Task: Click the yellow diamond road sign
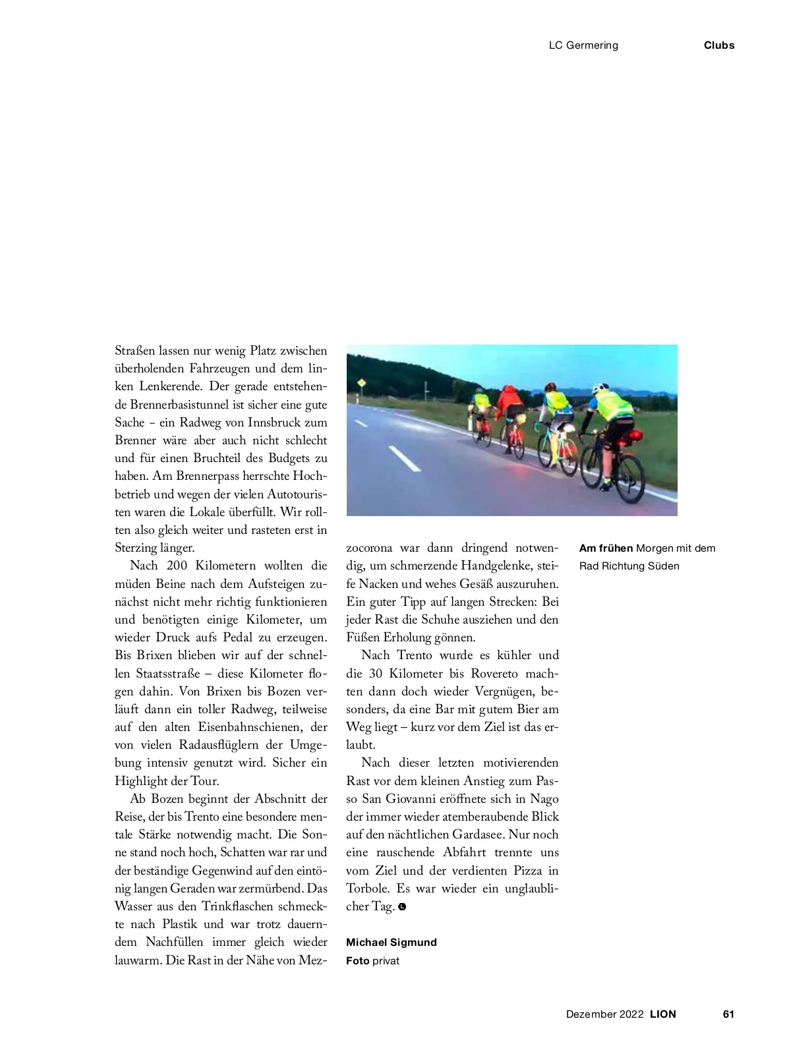361,383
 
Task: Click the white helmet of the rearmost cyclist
599,389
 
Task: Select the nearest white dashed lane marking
404,458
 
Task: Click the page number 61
728,1014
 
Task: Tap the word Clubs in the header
718,45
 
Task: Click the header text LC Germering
583,45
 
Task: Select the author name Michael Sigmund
392,942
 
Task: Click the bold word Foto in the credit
357,960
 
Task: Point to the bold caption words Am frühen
606,548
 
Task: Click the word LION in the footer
663,1014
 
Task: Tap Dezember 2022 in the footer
604,1014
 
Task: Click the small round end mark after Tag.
402,907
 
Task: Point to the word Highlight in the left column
141,780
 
